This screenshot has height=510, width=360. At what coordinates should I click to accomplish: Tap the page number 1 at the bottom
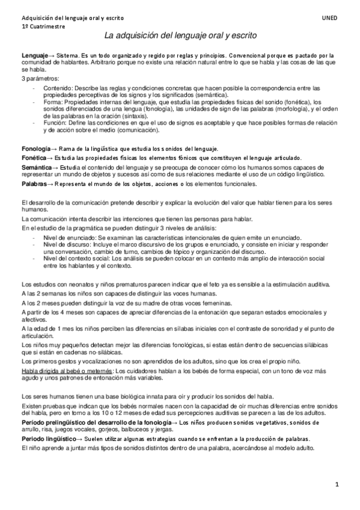(x=338, y=484)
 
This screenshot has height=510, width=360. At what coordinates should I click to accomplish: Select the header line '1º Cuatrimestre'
(x=44, y=28)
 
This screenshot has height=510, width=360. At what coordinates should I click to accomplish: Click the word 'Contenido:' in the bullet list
(x=58, y=87)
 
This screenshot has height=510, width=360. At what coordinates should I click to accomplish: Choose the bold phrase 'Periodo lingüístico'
(x=49, y=440)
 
